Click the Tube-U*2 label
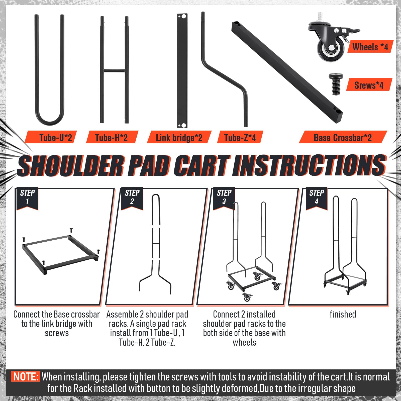tap(56, 138)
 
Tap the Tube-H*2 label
tap(111, 138)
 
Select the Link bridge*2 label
tap(179, 138)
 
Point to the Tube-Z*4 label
tap(240, 138)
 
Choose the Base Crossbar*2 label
tap(343, 138)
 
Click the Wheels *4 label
tap(370, 47)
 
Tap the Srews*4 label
tap(369, 85)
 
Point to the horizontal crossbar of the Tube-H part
tap(115, 71)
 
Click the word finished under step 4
tap(343, 314)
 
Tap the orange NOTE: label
tap(26, 377)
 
